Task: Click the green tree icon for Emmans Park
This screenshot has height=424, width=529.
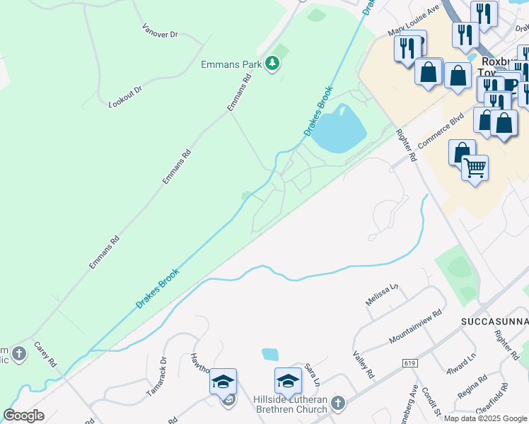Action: click(272, 64)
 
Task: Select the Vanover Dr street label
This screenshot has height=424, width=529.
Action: click(159, 30)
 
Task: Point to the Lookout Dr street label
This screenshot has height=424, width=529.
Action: click(125, 97)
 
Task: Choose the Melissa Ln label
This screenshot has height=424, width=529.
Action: click(382, 293)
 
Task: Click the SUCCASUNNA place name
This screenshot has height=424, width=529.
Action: click(494, 321)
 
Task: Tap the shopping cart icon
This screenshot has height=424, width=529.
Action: click(475, 167)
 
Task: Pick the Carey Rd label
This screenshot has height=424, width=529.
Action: click(45, 355)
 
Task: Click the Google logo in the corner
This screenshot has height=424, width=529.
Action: click(23, 416)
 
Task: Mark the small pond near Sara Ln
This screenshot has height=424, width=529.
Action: click(270, 354)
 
